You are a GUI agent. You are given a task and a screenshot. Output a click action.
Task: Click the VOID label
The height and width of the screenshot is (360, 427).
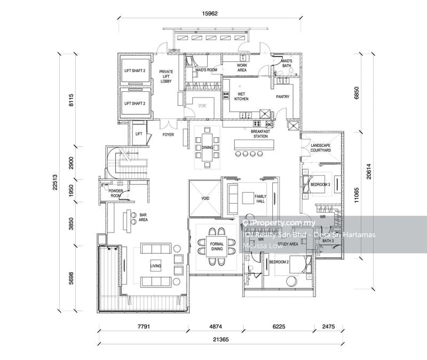click(x=205, y=198)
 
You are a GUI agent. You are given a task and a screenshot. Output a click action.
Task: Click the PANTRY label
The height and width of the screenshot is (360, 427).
click(x=282, y=97)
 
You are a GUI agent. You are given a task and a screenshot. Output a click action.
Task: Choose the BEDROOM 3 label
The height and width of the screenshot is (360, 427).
click(x=320, y=185)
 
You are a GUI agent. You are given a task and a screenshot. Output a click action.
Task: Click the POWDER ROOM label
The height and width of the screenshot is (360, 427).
click(x=116, y=193)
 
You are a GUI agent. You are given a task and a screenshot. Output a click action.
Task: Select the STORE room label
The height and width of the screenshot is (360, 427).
click(x=202, y=106)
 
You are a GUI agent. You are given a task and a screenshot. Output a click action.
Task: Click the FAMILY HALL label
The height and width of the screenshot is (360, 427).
click(x=260, y=199)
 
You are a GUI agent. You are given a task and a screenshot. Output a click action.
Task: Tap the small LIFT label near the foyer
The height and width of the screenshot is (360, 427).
click(x=139, y=134)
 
